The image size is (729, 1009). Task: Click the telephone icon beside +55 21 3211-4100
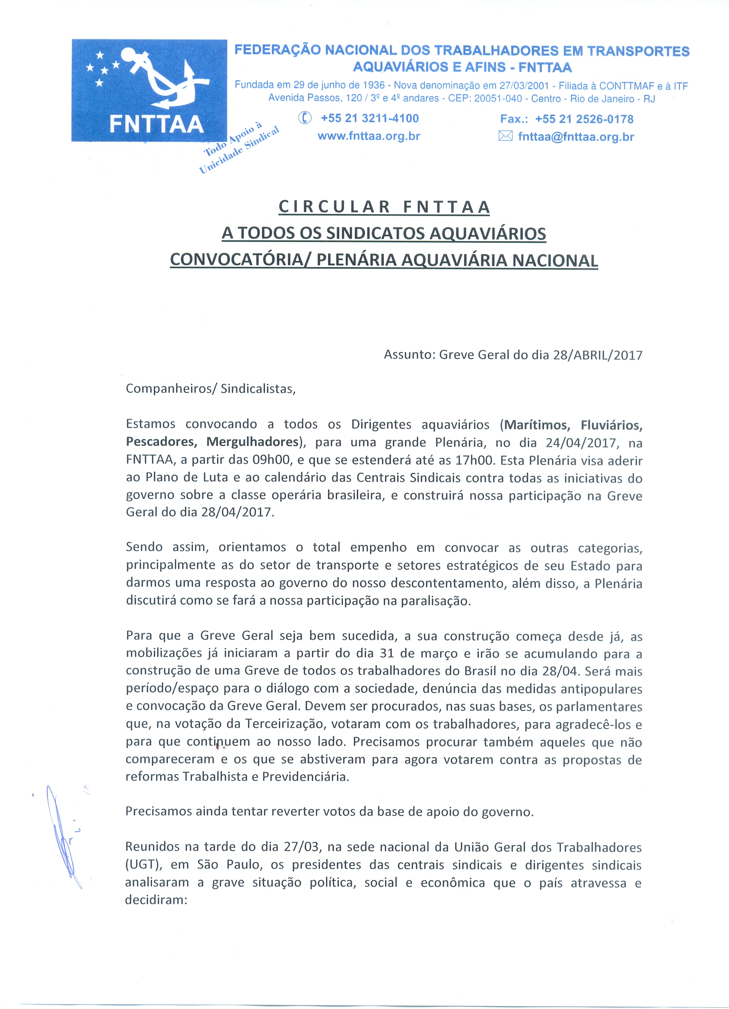pyautogui.click(x=305, y=118)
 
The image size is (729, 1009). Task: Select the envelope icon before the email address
pyautogui.click(x=505, y=136)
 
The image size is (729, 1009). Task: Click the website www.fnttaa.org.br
pyautogui.click(x=369, y=136)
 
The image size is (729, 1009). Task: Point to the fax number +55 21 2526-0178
pyautogui.click(x=584, y=119)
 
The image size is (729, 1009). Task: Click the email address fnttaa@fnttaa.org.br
pyautogui.click(x=576, y=137)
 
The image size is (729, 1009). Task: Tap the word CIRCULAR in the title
pyautogui.click(x=334, y=207)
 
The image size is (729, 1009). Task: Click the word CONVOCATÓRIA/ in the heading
pyautogui.click(x=240, y=260)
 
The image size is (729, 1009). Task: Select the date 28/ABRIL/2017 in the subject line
pyautogui.click(x=597, y=355)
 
